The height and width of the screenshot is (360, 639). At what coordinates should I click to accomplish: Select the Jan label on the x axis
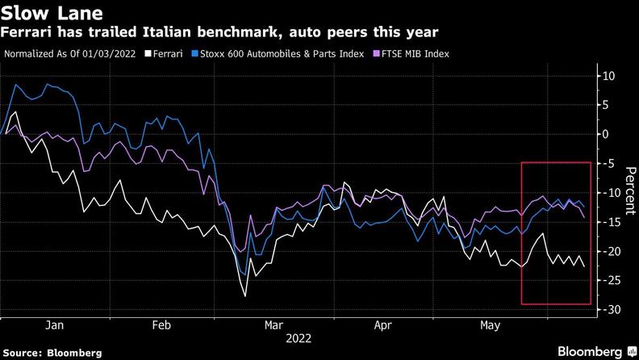click(x=55, y=325)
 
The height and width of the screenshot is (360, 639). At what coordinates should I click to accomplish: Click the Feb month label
click(x=162, y=325)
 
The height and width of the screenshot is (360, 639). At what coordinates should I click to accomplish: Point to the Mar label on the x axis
click(x=273, y=325)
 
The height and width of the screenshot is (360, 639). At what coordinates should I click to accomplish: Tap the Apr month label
click(x=383, y=325)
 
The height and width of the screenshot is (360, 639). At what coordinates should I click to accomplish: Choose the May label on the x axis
click(x=489, y=325)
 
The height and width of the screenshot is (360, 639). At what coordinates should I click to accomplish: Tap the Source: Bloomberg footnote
click(x=51, y=353)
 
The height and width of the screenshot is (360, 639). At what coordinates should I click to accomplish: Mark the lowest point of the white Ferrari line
click(x=245, y=295)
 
